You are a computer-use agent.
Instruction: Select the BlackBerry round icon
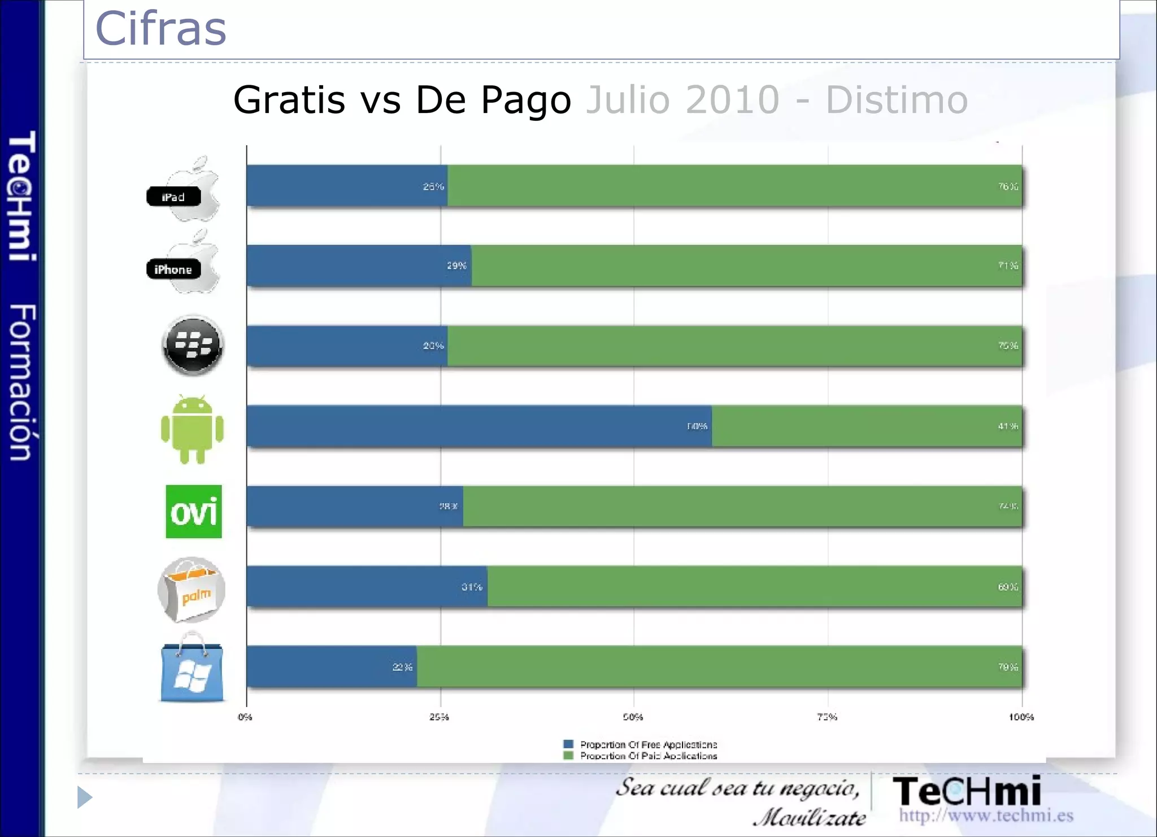pyautogui.click(x=193, y=345)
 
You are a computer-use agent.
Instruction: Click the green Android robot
pyautogui.click(x=192, y=429)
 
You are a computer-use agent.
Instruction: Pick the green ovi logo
pyautogui.click(x=193, y=512)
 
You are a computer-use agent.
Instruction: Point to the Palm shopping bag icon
pyautogui.click(x=192, y=590)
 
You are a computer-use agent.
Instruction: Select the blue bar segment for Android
pyautogui.click(x=479, y=426)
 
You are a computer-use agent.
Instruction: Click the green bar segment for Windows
pyautogui.click(x=719, y=667)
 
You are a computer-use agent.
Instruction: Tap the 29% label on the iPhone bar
pyautogui.click(x=456, y=265)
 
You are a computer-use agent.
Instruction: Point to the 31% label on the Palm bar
pyautogui.click(x=472, y=587)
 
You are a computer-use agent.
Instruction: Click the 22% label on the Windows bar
pyautogui.click(x=402, y=668)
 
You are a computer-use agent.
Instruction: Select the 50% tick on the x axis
pyautogui.click(x=633, y=717)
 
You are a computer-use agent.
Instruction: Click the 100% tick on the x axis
pyautogui.click(x=1021, y=717)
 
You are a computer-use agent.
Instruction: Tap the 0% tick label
pyautogui.click(x=245, y=717)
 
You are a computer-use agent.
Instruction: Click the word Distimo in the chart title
pyautogui.click(x=897, y=100)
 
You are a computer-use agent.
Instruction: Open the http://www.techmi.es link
pyautogui.click(x=986, y=816)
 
